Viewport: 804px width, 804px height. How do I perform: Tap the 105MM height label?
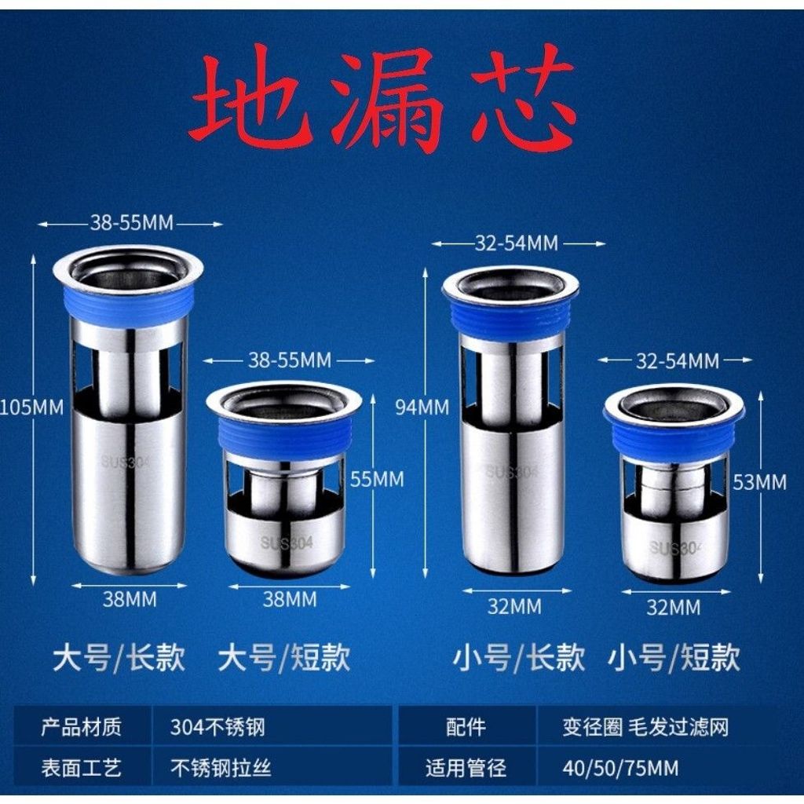pos(31,407)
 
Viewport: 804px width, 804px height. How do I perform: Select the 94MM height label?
pos(422,407)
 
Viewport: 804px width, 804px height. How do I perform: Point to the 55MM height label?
pos(377,480)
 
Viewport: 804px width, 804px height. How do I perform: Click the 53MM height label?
pos(759,482)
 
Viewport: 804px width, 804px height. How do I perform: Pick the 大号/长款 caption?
pos(119,657)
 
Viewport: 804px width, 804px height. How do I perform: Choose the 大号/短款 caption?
pos(284,657)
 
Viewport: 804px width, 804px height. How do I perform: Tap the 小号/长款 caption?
pos(519,657)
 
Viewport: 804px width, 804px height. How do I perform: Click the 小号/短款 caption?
pos(674,657)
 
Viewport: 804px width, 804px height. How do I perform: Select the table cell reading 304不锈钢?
pos(217,727)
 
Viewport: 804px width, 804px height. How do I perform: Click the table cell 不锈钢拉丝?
pos(221,768)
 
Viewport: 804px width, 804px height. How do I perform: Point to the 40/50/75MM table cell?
pos(620,768)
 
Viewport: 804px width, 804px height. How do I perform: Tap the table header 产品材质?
pos(81,727)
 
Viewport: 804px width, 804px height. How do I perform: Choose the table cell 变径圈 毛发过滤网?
pos(645,727)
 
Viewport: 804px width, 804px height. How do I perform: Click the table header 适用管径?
pos(466,768)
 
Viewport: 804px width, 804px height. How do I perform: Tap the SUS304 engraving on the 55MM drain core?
pos(286,543)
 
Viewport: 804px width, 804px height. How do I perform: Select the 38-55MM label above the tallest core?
pos(132,223)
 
